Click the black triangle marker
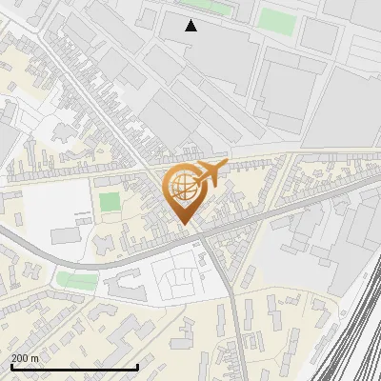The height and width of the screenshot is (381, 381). click(191, 26)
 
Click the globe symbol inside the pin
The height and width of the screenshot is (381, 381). click(183, 189)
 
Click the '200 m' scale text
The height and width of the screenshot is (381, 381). click(25, 358)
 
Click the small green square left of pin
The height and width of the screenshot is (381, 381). click(110, 202)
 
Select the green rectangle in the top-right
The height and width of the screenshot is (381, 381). click(276, 20)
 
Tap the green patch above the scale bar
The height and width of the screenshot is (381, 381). click(76, 281)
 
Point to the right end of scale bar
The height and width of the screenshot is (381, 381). click(138, 367)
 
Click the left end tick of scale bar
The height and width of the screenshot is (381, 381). click(10, 366)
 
